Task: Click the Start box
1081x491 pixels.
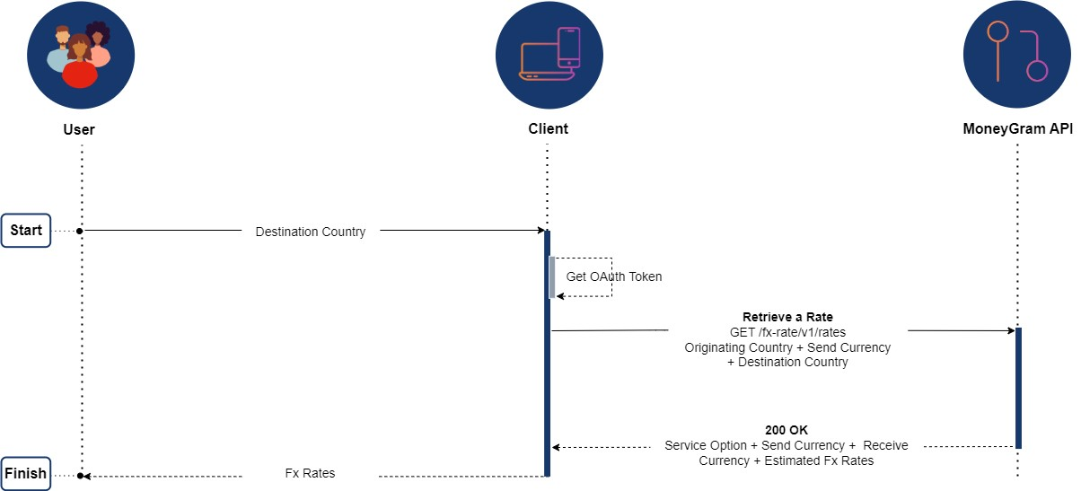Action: tap(26, 231)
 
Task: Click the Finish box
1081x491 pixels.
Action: tap(25, 474)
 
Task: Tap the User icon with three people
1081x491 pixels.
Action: tap(81, 55)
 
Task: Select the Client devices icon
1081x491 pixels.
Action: tap(549, 55)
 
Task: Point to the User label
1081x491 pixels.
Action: tap(79, 129)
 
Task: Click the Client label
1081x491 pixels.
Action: tap(548, 129)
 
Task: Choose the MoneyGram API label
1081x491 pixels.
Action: tap(1017, 129)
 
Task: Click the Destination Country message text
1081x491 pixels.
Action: tap(311, 232)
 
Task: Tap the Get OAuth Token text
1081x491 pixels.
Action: tap(614, 276)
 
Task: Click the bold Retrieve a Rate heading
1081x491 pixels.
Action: tap(787, 317)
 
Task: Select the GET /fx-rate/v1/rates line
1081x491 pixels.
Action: tap(787, 332)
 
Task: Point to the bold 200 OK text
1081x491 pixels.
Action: tap(787, 430)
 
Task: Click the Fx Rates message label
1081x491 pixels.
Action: tap(310, 473)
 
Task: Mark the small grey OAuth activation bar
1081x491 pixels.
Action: tap(552, 276)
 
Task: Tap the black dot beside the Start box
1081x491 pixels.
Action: tap(80, 231)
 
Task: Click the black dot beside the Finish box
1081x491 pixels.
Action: tap(81, 475)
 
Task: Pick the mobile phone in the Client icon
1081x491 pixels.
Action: tap(568, 47)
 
